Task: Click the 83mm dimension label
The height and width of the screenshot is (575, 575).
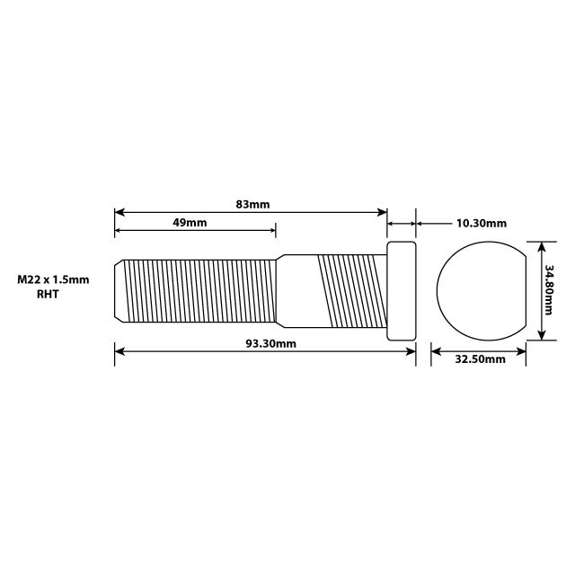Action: [252, 204]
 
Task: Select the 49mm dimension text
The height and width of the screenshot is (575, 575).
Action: [190, 222]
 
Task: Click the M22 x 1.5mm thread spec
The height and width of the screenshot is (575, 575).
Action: [53, 279]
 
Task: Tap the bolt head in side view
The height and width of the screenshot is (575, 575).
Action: [402, 291]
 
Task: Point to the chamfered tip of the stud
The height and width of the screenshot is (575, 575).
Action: [119, 291]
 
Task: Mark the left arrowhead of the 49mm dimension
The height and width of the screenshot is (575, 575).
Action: [119, 231]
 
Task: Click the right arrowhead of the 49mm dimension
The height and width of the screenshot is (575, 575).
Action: [272, 231]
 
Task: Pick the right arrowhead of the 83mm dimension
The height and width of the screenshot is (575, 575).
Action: [382, 213]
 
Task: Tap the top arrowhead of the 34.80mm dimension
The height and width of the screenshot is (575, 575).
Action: [540, 244]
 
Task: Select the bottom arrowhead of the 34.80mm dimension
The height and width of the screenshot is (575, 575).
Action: [540, 337]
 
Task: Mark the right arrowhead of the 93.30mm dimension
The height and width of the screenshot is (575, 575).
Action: [411, 352]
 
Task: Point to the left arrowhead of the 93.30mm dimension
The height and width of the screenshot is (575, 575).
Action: [119, 352]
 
